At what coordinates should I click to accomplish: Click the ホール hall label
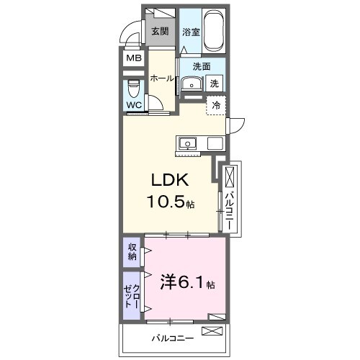click(162, 78)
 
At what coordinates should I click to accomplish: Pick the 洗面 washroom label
click(202, 67)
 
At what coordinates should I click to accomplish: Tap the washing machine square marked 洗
click(215, 84)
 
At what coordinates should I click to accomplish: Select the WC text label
click(134, 105)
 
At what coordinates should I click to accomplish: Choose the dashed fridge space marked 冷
click(216, 105)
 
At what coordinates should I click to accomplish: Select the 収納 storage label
click(132, 251)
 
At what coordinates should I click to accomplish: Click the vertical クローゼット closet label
click(132, 295)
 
